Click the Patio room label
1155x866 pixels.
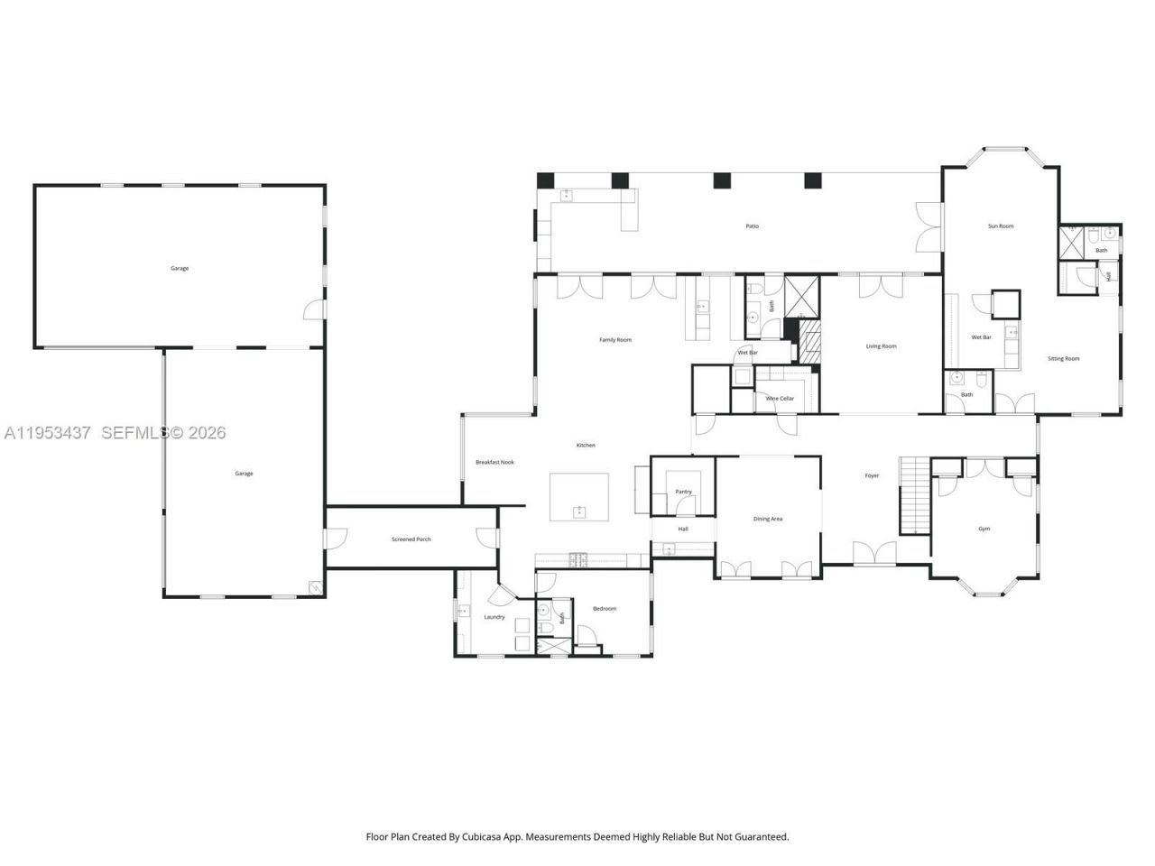coord(752,226)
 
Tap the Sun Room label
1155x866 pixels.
coord(1001,226)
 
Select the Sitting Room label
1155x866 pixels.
coord(1063,359)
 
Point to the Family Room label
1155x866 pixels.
coord(615,340)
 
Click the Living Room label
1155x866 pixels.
coord(881,346)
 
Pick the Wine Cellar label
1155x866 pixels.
coord(780,399)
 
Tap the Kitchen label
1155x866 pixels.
coord(586,446)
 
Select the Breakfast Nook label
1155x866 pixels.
coord(494,463)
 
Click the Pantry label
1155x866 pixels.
coord(683,492)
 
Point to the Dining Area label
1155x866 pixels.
coord(768,520)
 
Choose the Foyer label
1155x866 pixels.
coord(872,476)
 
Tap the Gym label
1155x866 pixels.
coord(984,529)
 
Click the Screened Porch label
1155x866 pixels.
coord(411,539)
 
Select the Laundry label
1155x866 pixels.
coord(494,617)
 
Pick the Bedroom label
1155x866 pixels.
coord(604,609)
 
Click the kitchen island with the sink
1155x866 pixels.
coord(579,497)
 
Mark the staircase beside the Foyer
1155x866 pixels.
coord(914,496)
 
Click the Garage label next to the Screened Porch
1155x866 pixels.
coord(244,474)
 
